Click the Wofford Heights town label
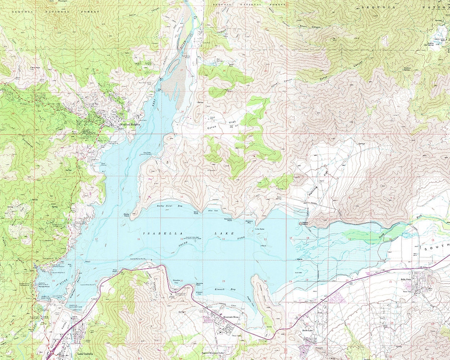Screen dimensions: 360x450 coord(128,125)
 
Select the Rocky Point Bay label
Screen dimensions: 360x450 coord(164,206)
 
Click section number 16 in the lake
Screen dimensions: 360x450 coord(138,239)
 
